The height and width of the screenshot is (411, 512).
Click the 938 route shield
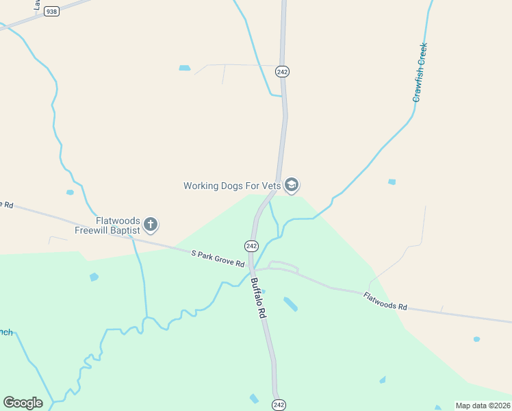click(51, 12)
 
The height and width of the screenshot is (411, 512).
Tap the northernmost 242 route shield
click(281, 71)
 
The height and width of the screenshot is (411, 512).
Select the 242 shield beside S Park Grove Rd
click(251, 245)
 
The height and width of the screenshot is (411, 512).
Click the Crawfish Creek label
click(420, 73)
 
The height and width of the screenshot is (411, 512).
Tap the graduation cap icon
click(292, 185)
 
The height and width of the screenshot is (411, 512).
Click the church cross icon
click(151, 224)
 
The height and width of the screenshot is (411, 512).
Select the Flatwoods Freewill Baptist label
click(118, 226)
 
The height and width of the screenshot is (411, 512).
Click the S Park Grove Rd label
click(218, 258)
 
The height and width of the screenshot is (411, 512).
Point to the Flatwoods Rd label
click(385, 301)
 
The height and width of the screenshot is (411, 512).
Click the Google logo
click(23, 403)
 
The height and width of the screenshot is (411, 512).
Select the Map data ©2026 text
click(482, 406)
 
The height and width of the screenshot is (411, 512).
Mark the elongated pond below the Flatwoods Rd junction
click(290, 304)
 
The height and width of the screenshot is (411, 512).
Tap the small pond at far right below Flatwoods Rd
click(476, 339)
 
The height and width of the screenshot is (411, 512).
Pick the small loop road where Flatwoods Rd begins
click(284, 266)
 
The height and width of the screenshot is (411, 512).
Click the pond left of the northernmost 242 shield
click(184, 68)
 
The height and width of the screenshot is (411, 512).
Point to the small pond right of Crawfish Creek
click(392, 182)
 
